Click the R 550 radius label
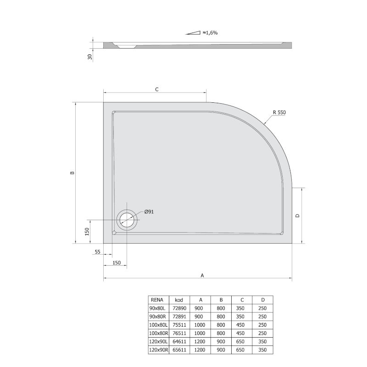[x=279, y=112]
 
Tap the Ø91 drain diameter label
[x=149, y=212]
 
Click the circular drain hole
[x=127, y=220]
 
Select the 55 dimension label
[x=98, y=251]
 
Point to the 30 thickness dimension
[x=90, y=56]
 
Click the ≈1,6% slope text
[x=210, y=33]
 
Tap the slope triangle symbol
[x=193, y=33]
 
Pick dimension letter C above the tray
[x=157, y=89]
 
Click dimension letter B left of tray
[x=72, y=173]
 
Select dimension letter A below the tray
[x=202, y=276]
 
